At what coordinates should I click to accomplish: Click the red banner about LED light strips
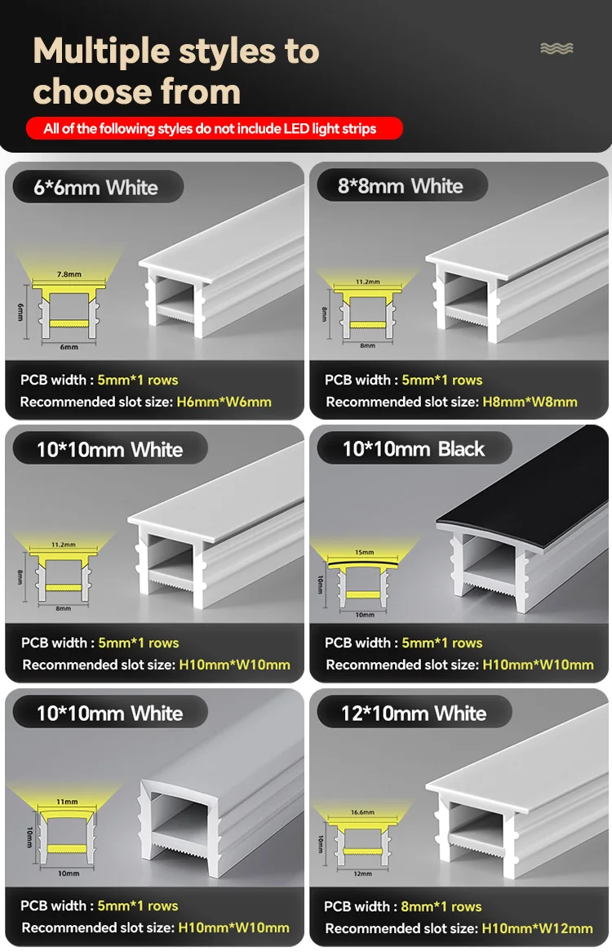(x=214, y=129)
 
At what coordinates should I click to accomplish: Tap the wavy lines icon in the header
(x=557, y=48)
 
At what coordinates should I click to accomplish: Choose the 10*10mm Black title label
(x=415, y=449)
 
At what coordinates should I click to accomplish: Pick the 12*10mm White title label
(x=415, y=713)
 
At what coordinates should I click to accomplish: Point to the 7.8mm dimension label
(x=69, y=274)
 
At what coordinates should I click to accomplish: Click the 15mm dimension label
(x=365, y=553)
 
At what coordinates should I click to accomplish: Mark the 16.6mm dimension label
(x=362, y=812)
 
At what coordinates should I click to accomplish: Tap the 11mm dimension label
(x=67, y=802)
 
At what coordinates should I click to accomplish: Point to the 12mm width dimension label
(x=362, y=874)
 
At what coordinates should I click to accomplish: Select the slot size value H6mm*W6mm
(x=224, y=402)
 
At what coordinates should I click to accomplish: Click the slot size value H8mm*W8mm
(x=530, y=402)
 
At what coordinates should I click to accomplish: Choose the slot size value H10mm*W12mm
(x=537, y=928)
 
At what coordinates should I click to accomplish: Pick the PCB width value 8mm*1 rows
(x=441, y=906)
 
